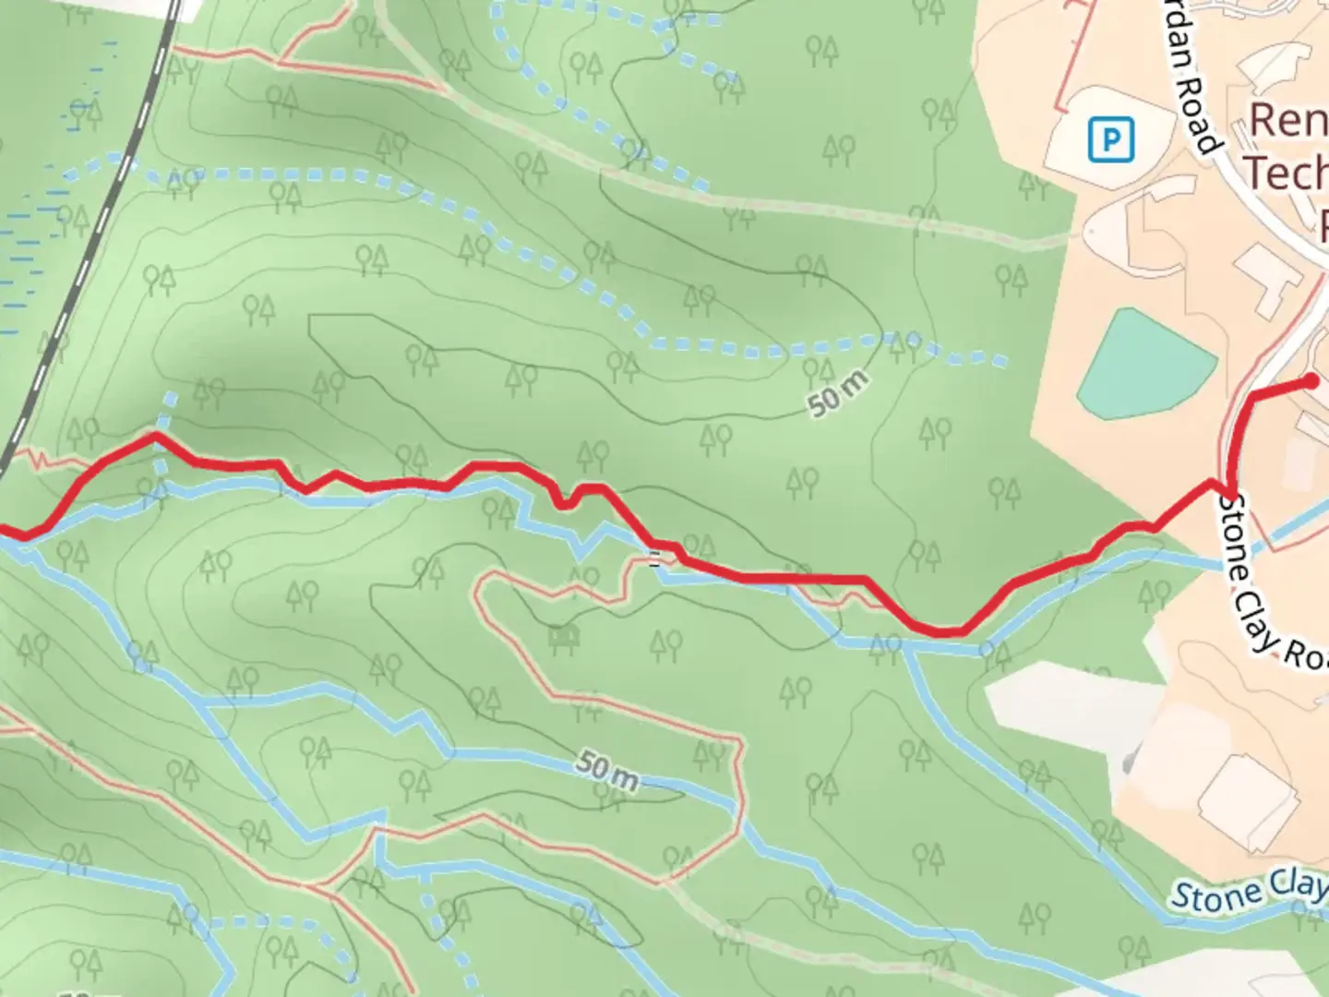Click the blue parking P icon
coord(1110,140)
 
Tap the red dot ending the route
coord(1311,380)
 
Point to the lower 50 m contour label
coord(606,771)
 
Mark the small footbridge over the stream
coord(654,558)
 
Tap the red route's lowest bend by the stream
coord(941,632)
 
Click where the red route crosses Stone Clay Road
coord(1229,485)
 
